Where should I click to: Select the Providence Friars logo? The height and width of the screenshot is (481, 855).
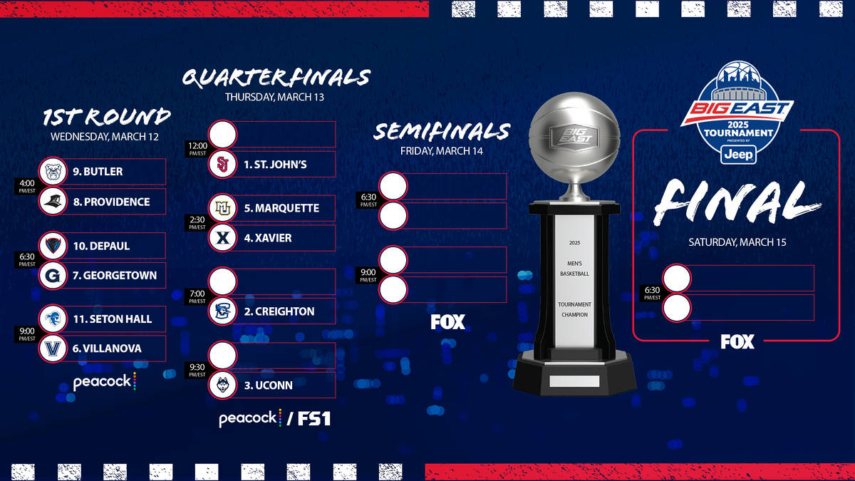[52, 202]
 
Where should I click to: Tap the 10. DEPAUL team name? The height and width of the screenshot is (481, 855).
[101, 246]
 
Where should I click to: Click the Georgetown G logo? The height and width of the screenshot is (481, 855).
[52, 275]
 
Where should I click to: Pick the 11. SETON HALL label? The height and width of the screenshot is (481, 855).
[112, 319]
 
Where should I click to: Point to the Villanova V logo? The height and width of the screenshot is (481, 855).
[52, 348]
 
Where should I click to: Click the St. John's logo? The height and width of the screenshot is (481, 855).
[222, 165]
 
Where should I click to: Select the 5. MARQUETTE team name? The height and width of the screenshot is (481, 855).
[281, 209]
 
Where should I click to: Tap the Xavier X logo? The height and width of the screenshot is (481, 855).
[222, 238]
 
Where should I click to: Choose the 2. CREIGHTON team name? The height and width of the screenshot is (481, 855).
[279, 311]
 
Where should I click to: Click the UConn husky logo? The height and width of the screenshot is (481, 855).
[222, 386]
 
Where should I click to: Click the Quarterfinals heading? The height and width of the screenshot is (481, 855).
[276, 78]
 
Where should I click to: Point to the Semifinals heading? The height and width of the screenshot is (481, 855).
[442, 132]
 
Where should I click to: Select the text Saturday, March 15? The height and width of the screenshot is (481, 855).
[737, 242]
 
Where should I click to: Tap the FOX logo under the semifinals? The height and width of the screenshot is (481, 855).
[447, 322]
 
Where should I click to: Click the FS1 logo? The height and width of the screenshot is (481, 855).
[313, 419]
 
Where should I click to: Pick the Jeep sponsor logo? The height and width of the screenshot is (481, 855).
[737, 155]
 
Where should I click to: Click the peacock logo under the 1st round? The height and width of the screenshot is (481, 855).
[104, 382]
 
